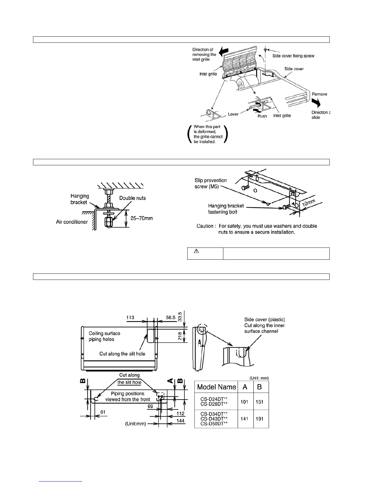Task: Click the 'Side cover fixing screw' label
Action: [x=293, y=56]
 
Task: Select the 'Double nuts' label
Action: [x=132, y=198]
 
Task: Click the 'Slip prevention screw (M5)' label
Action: [x=211, y=183]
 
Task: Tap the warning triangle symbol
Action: [x=196, y=251]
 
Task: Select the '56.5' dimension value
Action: [x=170, y=318]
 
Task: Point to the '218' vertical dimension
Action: [x=180, y=336]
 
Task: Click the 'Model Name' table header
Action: [x=216, y=387]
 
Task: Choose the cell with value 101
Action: [x=244, y=402]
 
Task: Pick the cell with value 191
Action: [x=259, y=419]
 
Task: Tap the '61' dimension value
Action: [x=103, y=412]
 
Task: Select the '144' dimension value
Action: [x=181, y=421]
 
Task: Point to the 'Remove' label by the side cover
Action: [x=319, y=94]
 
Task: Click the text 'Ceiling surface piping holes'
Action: [x=104, y=336]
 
